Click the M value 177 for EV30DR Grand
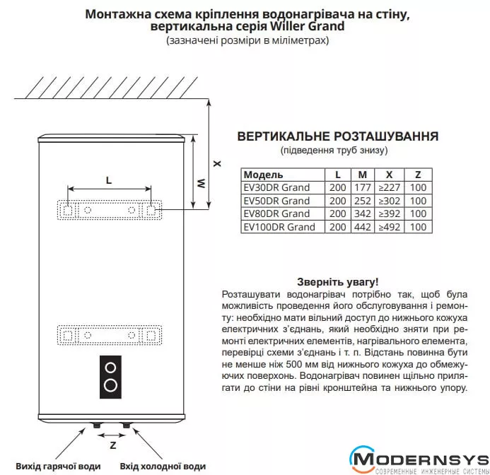(x=363, y=187)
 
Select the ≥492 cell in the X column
(x=390, y=227)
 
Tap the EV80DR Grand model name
(x=276, y=213)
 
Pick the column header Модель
(x=263, y=175)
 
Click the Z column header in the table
(x=418, y=175)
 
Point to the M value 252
(x=363, y=201)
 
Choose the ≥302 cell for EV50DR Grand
(x=390, y=201)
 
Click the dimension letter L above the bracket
(x=109, y=180)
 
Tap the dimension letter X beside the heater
(x=217, y=163)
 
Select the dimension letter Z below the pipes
(x=113, y=445)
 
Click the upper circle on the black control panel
(x=110, y=368)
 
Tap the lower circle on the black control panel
(x=110, y=385)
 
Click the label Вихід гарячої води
(x=58, y=467)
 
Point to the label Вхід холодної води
(x=163, y=467)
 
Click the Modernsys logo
(x=419, y=460)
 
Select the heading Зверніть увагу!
(x=337, y=282)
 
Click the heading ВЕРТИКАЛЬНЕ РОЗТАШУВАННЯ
(x=338, y=136)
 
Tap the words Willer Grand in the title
(x=307, y=26)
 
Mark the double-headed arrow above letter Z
(x=111, y=435)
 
